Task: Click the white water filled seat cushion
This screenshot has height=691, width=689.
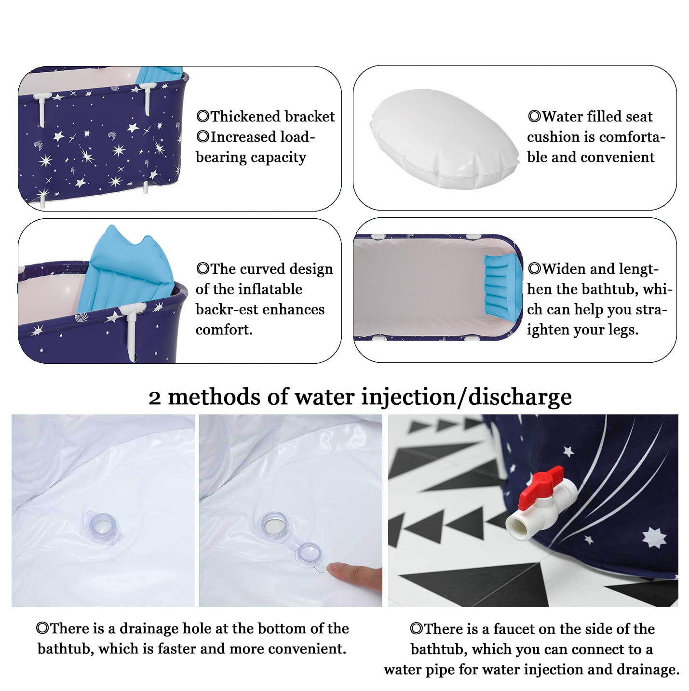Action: click(444, 139)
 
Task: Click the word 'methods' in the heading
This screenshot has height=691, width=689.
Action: click(227, 397)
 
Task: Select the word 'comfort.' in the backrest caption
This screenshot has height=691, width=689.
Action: click(224, 330)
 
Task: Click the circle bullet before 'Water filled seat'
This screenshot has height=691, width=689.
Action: click(534, 116)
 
